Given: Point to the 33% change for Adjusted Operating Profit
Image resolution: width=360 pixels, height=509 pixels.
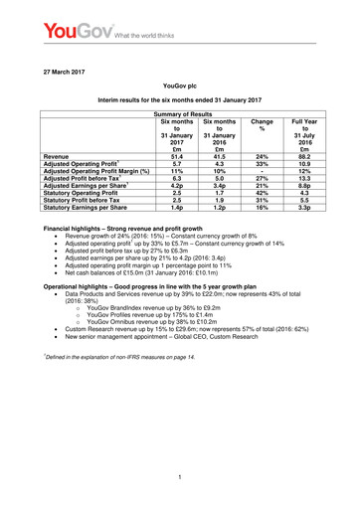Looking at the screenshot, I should tap(264, 165).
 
